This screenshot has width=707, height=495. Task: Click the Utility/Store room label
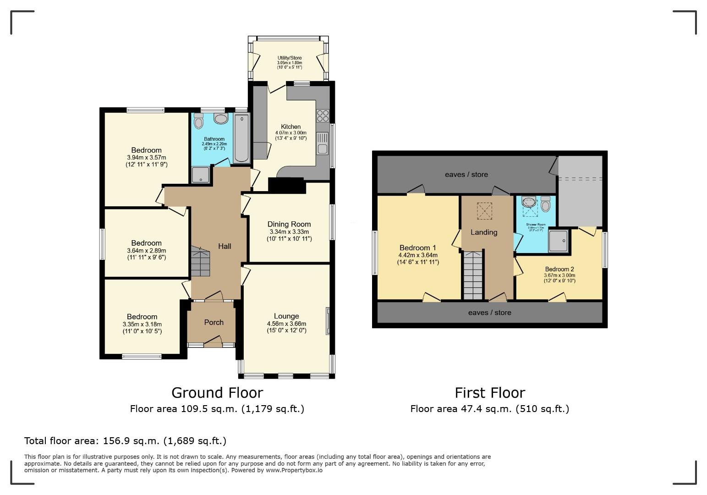(289, 58)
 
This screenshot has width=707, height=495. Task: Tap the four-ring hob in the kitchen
(323, 115)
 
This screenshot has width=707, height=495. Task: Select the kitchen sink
(323, 143)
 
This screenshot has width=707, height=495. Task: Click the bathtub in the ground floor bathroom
(241, 138)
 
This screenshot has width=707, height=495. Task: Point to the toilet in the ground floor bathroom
(198, 122)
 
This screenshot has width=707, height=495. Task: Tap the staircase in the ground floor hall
(200, 262)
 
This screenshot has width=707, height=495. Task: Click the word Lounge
(286, 316)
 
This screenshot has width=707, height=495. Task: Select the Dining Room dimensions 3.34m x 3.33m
(289, 232)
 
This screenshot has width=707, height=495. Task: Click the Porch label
(214, 322)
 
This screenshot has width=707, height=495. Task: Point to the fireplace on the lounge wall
(328, 321)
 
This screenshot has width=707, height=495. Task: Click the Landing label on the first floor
(484, 232)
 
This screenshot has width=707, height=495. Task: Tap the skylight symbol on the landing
(483, 211)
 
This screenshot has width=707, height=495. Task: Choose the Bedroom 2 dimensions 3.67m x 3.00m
(559, 275)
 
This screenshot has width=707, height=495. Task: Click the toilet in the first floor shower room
(545, 204)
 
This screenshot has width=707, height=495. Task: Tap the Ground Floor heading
(217, 393)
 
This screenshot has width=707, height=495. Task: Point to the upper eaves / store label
(466, 174)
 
